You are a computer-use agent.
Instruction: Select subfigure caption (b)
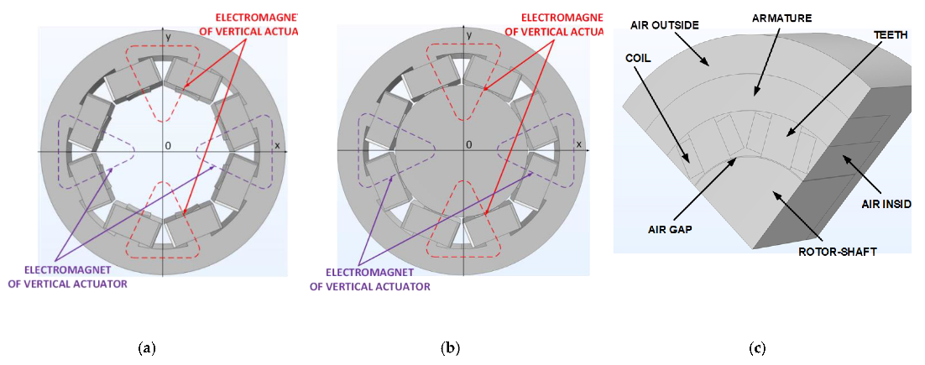[450, 347]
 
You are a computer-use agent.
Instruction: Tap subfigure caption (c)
[756, 347]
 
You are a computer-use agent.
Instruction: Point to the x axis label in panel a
[277, 144]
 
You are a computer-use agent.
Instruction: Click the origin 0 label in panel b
[468, 145]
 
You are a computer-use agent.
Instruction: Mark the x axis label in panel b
[578, 144]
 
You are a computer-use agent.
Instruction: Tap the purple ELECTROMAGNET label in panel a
[76, 278]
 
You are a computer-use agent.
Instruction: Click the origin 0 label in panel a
[168, 145]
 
